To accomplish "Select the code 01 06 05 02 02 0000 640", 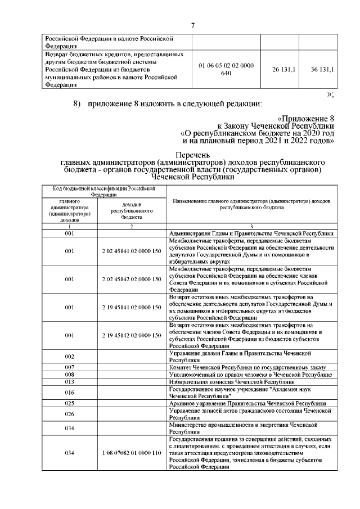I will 227,70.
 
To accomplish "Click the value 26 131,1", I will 279,70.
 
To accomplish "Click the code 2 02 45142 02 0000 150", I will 132,279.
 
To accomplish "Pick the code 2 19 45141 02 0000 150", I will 132,307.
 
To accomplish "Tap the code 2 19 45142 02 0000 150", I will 132,335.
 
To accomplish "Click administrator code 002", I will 70,357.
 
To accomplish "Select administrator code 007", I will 70,367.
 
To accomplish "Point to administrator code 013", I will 70,381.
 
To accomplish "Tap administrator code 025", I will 70,403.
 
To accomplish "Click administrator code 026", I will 70,415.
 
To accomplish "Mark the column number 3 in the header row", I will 251,226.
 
